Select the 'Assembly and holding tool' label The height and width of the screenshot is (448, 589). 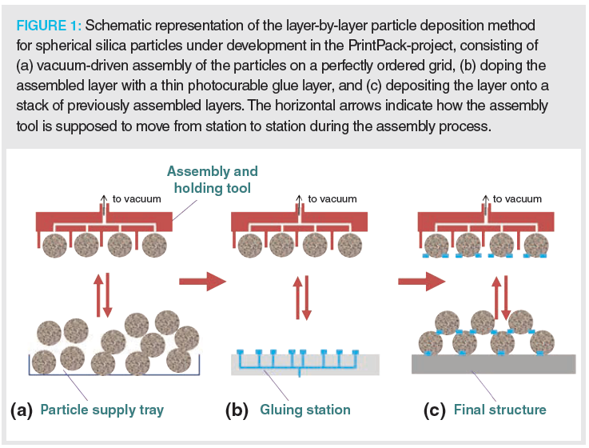click(x=212, y=178)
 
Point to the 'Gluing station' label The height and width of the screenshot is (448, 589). click(x=304, y=410)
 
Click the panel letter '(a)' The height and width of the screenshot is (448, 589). click(x=21, y=410)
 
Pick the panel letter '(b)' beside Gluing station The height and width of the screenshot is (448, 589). click(x=237, y=410)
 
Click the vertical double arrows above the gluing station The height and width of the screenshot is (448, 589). click(x=300, y=298)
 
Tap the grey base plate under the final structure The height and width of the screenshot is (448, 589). click(x=493, y=364)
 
